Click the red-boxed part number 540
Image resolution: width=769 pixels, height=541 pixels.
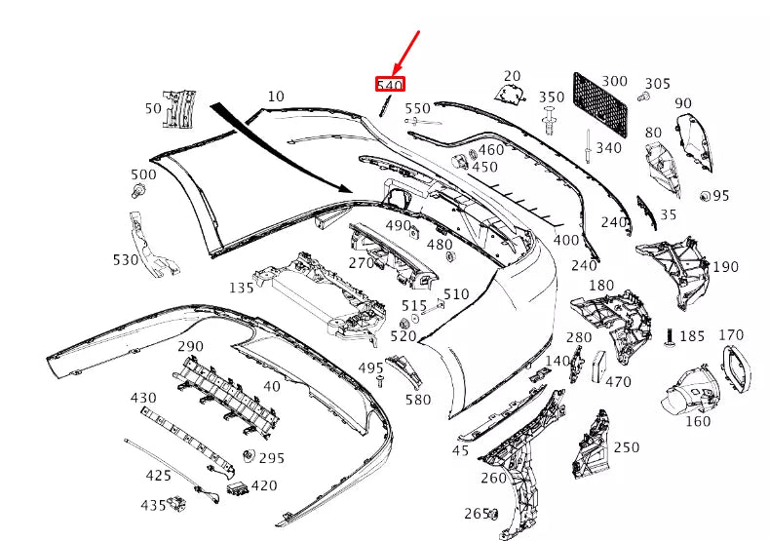pos(390,85)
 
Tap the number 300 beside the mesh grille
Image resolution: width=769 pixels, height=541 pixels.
pos(614,82)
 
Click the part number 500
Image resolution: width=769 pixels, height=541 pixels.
pos(143,174)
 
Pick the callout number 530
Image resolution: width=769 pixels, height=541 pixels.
pos(126,260)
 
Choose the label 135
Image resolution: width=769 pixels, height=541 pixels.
pos(242,288)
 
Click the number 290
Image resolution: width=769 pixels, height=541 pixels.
pos(190,346)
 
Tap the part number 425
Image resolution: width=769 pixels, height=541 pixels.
pos(159,476)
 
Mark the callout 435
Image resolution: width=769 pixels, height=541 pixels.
pos(153,506)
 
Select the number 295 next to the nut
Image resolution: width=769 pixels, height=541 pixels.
pos(271,458)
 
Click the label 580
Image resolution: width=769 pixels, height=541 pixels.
pos(417,400)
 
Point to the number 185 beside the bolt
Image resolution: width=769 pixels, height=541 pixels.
pos(692,336)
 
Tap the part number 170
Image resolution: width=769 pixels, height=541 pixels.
pos(731,335)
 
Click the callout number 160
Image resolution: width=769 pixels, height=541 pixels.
pos(698,422)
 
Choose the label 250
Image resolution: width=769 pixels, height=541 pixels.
pos(627,447)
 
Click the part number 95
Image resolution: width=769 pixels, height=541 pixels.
pos(720,196)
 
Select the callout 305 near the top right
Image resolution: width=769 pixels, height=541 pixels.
pos(658,84)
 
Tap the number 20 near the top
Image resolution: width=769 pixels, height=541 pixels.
pos(513,76)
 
